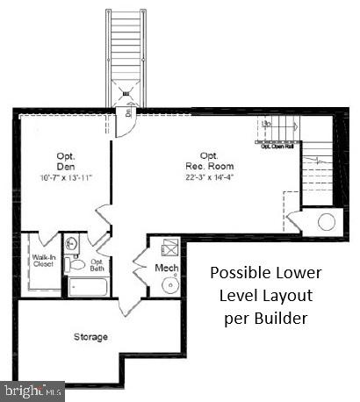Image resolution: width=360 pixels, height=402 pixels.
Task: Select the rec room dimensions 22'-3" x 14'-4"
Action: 209,177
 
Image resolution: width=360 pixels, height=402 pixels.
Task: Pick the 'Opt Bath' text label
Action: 97,264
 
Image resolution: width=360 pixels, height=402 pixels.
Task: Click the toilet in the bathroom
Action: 78,263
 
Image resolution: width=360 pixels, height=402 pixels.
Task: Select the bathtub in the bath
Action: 86,287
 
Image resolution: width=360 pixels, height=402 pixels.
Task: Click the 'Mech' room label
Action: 167,267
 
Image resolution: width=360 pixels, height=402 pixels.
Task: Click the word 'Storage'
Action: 90,336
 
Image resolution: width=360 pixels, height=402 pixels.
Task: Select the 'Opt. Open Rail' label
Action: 277,146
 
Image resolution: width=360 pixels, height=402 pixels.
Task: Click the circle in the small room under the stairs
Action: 324,221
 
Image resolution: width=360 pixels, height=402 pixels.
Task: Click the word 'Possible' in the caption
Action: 237,272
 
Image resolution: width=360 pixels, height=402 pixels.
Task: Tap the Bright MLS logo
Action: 32,387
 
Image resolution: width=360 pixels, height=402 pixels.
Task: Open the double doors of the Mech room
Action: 139,262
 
